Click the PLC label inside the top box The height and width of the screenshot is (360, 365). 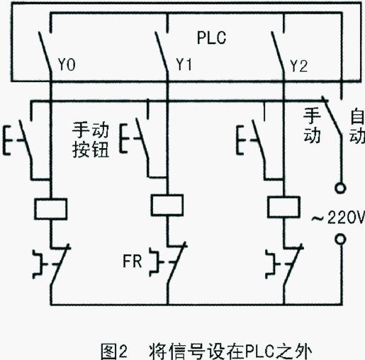coord(211,38)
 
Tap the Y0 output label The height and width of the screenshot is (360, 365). coord(67,64)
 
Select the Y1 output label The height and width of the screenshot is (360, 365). coord(184,64)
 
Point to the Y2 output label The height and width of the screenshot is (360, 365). coord(299,66)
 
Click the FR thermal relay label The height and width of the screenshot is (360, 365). coord(133,261)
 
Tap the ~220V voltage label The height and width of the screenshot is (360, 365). coord(338,218)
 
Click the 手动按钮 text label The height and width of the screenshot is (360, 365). coord(91,140)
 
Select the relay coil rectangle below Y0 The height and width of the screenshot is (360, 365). coord(51,209)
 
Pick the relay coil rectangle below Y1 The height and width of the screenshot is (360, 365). coord(167,205)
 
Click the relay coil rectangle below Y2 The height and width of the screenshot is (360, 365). coord(283,207)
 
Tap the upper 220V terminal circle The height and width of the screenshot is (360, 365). coord(340,189)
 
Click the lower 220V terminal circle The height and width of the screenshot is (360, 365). coord(340,239)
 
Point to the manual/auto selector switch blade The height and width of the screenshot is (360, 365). coord(332,116)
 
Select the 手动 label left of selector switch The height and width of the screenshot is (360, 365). coord(312,125)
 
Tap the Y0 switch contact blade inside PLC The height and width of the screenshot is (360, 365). coord(45,51)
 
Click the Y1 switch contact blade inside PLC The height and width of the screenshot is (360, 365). coord(162,51)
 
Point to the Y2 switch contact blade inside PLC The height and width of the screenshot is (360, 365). coord(278,51)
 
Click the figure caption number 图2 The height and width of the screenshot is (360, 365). coord(114,351)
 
